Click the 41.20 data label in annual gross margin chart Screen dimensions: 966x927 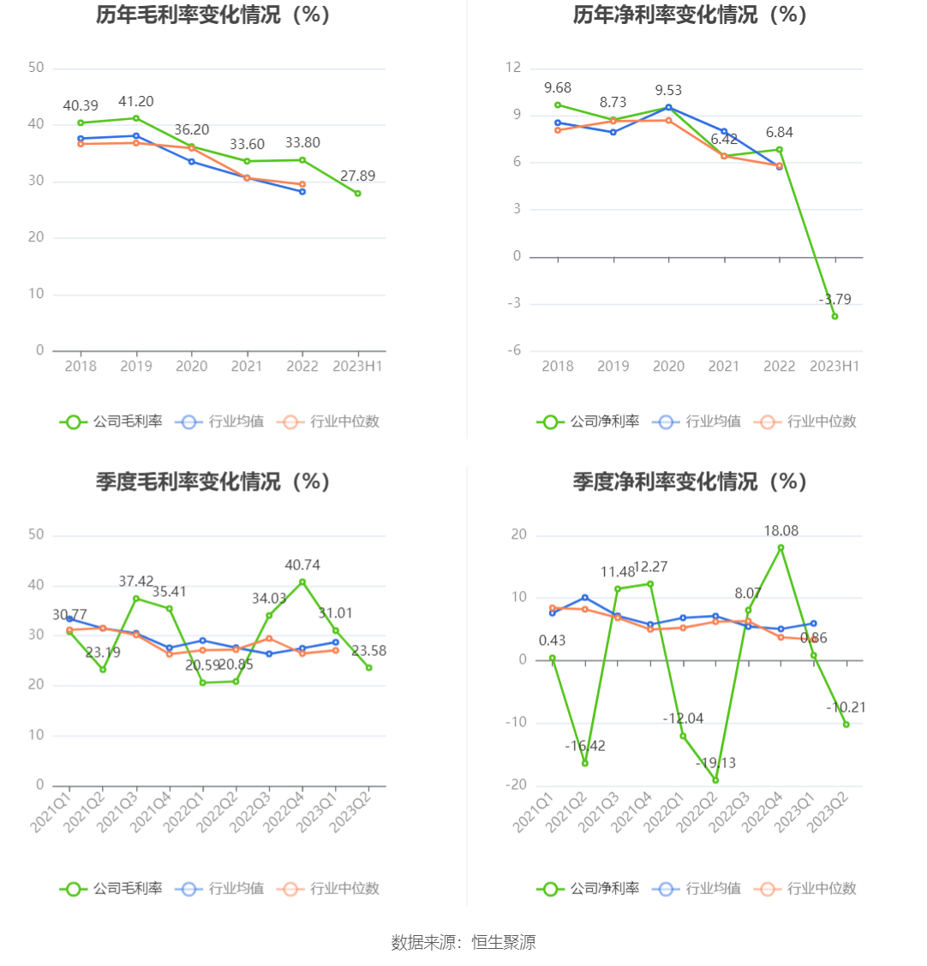pos(136,102)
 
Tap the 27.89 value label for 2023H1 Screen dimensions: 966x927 pos(357,176)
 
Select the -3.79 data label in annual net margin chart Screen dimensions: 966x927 pos(835,300)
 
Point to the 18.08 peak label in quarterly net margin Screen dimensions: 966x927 pos(780,532)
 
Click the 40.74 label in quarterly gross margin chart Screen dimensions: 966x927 pos(302,565)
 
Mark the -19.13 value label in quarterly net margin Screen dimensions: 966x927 pos(715,763)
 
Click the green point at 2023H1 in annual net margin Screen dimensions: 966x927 pos(834,316)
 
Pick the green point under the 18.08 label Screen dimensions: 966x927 pos(780,548)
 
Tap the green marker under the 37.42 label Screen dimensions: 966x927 pos(136,599)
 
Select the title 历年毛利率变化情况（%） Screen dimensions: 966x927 pos(213,15)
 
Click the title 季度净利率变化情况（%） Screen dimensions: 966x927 pos(691,482)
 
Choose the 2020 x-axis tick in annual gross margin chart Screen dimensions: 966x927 pos(191,367)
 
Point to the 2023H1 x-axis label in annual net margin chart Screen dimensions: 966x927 pos(834,367)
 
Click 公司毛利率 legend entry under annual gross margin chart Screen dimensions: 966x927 pos(111,421)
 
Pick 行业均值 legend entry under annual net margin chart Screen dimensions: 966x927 pos(697,421)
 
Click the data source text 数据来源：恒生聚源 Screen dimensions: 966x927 pos(463,943)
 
